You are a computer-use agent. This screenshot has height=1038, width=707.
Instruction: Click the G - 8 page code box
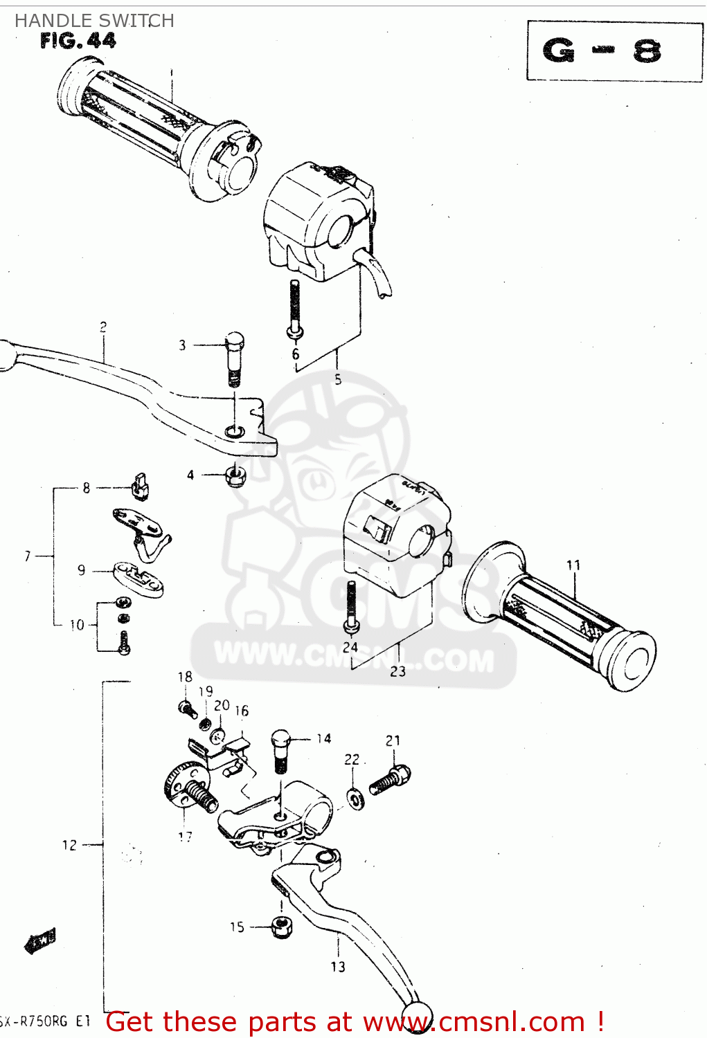[614, 51]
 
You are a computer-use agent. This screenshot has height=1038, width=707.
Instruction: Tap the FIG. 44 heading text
[78, 42]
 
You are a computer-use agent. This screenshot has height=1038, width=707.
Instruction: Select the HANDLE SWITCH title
[94, 21]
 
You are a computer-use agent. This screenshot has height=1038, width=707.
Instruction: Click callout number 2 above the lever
[103, 327]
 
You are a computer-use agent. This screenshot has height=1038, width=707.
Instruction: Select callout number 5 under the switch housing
[338, 379]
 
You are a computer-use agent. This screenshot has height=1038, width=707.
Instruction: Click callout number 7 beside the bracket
[28, 556]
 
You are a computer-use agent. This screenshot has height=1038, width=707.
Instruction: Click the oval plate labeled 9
[139, 578]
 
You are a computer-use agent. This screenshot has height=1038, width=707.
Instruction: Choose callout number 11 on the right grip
[573, 565]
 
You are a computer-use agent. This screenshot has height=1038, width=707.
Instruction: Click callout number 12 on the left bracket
[69, 845]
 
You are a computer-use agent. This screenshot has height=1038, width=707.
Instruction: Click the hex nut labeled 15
[281, 927]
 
